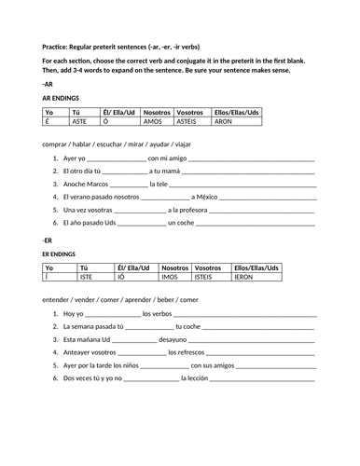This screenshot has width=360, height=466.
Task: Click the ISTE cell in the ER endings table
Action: pyautogui.click(x=88, y=277)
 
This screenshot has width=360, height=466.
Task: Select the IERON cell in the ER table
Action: pyautogui.click(x=247, y=277)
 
